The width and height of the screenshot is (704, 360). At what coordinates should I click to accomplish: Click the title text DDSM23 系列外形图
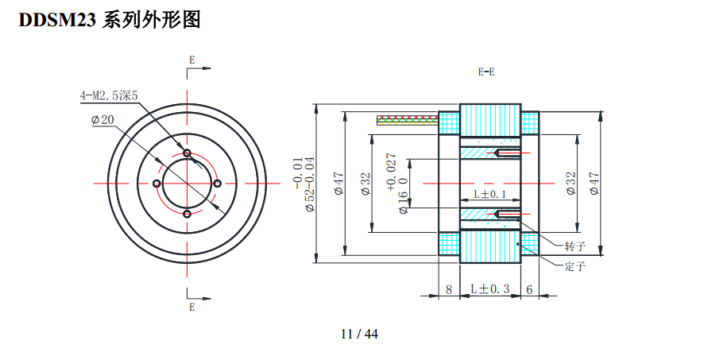[x=109, y=20]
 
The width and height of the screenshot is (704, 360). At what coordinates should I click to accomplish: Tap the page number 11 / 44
[x=359, y=334]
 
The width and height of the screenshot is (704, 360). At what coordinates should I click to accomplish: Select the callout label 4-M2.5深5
[x=109, y=95]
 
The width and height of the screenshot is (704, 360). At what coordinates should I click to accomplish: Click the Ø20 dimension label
[x=103, y=120]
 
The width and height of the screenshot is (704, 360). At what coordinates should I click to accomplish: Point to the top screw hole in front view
[x=187, y=153]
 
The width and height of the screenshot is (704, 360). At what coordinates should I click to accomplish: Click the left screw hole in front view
[x=157, y=184]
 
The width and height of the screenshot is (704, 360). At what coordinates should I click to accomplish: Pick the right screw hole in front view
[x=218, y=184]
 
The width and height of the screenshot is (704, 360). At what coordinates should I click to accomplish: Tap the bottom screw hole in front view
[x=187, y=214]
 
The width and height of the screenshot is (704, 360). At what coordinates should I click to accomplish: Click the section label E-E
[x=486, y=72]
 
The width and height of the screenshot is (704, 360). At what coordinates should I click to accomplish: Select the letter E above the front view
[x=191, y=60]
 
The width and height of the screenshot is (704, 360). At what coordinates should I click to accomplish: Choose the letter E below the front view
[x=191, y=307]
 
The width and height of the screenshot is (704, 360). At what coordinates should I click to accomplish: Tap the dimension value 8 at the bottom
[x=449, y=290]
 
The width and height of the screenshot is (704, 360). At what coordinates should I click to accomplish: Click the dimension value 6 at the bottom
[x=529, y=290]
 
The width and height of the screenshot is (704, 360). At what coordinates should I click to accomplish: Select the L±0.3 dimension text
[x=489, y=289]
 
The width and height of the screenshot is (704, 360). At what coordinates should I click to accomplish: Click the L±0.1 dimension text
[x=489, y=194]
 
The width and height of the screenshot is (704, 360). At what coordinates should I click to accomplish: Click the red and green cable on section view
[x=407, y=120]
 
